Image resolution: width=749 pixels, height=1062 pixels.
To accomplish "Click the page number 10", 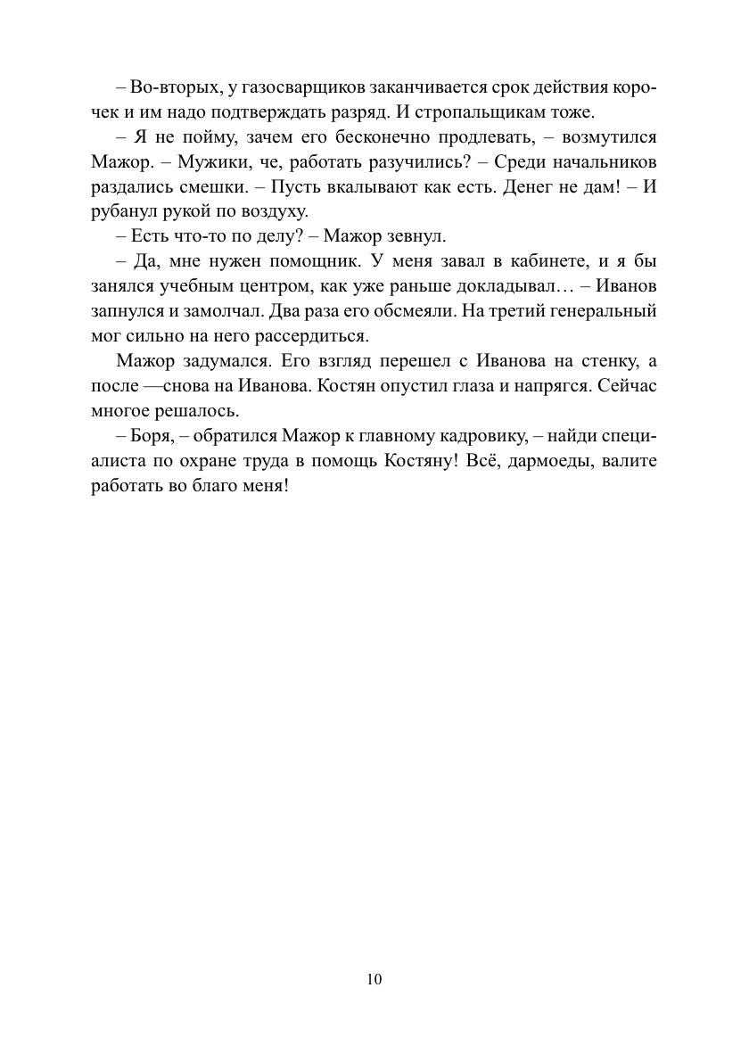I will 374,979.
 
